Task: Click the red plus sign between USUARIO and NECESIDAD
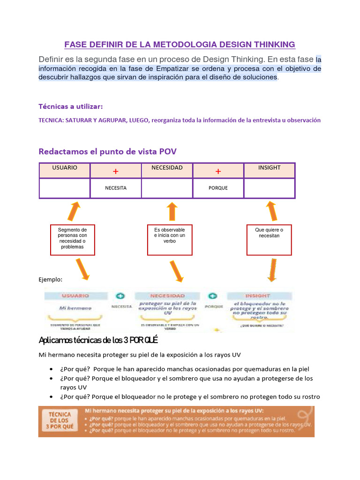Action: click(x=115, y=172)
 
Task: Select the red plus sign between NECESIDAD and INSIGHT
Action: click(x=218, y=172)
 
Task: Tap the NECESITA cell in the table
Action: click(x=115, y=188)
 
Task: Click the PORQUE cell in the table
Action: click(x=218, y=188)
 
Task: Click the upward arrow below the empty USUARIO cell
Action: click(x=73, y=211)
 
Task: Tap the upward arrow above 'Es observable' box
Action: click(x=172, y=211)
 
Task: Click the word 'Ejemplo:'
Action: click(x=50, y=279)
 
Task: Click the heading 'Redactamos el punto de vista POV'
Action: click(x=107, y=151)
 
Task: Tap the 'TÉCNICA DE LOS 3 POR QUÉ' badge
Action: click(x=60, y=421)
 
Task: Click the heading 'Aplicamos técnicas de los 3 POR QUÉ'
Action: click(x=98, y=339)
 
